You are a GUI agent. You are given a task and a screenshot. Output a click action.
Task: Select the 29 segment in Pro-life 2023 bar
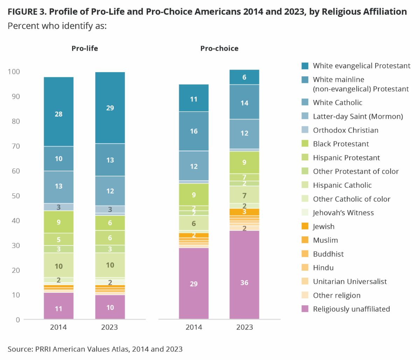coord(110,108)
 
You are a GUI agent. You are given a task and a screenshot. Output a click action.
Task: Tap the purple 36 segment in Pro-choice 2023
coord(244,275)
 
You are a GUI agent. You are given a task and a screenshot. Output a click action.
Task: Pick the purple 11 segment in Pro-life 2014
coord(58,306)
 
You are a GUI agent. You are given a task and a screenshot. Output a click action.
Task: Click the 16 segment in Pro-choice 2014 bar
coord(194,131)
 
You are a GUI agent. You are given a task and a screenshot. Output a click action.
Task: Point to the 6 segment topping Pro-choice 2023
coord(244,77)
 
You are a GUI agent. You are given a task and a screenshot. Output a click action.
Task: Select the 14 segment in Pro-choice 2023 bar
coord(244,102)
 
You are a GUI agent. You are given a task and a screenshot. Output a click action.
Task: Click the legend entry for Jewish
coord(324,227)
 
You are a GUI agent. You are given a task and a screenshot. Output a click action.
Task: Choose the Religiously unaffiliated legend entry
coord(351,309)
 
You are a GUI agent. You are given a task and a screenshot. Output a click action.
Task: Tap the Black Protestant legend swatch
coord(305,144)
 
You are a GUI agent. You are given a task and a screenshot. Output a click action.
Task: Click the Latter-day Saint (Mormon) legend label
coord(358,116)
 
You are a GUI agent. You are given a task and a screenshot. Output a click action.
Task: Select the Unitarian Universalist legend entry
coord(350,282)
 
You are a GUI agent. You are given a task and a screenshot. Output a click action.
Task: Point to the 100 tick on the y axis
coord(14,71)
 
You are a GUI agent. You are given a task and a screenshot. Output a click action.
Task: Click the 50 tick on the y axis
coord(16,196)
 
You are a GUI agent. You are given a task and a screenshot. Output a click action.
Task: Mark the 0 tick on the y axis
coord(18,320)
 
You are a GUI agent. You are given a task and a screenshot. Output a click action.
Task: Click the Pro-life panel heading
coord(85,48)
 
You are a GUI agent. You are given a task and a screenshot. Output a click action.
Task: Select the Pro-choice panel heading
coord(219,48)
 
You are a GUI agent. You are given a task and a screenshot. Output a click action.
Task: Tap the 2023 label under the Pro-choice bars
coord(244,327)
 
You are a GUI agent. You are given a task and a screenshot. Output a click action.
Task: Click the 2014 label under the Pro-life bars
coord(58,327)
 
